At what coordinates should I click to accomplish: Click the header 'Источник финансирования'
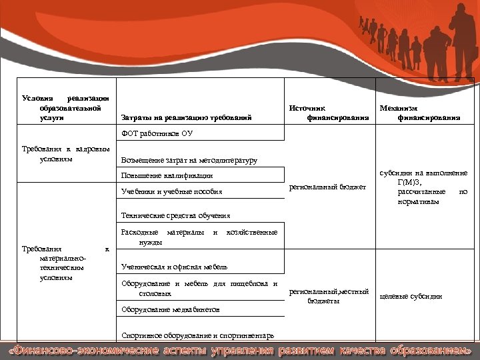(329, 112)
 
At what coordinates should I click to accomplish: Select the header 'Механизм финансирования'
(419, 112)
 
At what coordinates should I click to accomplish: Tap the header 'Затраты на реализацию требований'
(186, 118)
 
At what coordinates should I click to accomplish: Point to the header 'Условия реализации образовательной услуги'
(65, 107)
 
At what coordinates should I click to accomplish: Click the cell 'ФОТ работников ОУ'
(157, 133)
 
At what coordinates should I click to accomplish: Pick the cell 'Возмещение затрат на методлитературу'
(189, 161)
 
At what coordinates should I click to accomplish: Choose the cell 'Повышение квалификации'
(167, 175)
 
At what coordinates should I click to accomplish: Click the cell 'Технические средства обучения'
(175, 215)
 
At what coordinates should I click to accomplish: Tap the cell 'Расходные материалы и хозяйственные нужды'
(199, 237)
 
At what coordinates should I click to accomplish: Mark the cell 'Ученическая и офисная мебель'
(174, 267)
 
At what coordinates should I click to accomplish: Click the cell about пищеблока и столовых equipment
(199, 289)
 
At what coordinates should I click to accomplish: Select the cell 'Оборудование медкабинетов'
(171, 310)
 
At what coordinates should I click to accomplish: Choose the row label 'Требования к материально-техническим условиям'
(65, 263)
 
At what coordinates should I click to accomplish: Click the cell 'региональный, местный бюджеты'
(328, 296)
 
